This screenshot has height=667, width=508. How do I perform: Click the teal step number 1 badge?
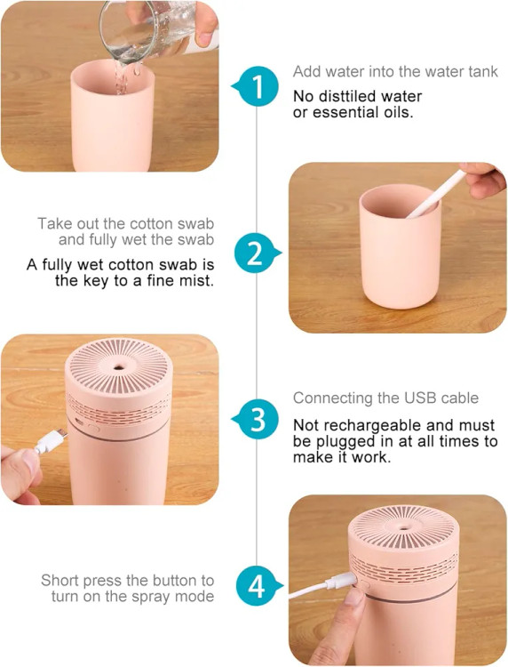[258, 86]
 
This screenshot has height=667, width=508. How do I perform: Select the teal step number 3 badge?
[257, 419]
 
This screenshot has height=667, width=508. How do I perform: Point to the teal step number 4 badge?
[258, 586]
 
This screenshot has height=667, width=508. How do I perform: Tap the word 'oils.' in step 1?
[397, 113]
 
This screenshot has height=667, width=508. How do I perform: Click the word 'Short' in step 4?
[60, 580]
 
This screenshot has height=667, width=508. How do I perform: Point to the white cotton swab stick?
[435, 194]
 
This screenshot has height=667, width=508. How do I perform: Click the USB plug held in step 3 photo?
[51, 441]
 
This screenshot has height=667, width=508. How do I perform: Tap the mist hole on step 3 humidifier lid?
[120, 366]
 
